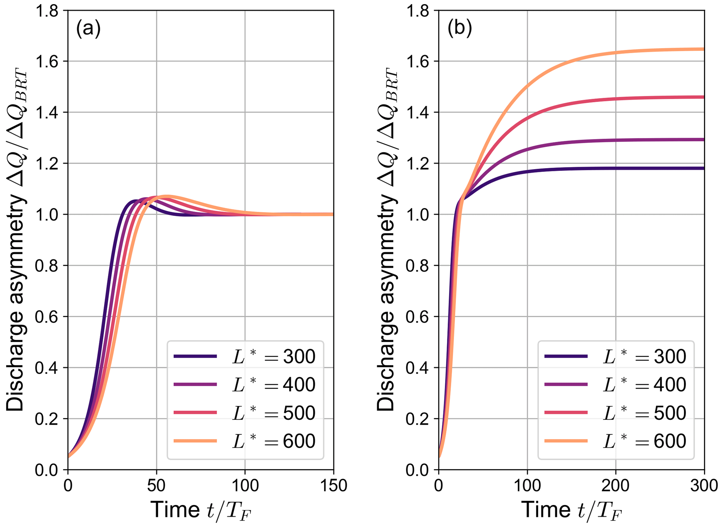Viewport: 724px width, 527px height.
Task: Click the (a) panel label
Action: pos(88,28)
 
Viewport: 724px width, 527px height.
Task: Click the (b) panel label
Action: pos(459,28)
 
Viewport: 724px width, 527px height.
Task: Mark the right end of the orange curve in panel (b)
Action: pos(703,49)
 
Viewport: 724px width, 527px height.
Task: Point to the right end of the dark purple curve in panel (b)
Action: pos(703,168)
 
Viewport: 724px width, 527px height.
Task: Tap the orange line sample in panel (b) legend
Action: pos(566,441)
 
